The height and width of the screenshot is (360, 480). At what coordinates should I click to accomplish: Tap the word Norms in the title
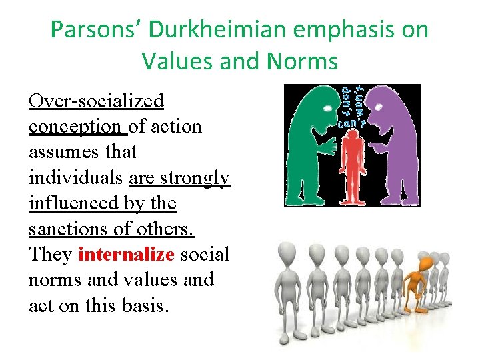point(303,61)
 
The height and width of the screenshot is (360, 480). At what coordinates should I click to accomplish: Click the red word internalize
point(127,254)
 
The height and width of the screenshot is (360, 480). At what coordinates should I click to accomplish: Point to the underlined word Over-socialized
point(96,101)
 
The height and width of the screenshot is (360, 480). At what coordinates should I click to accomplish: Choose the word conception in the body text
point(75,127)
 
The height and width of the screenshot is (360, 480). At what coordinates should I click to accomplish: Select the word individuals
point(75,178)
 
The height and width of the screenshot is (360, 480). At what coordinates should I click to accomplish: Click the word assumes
point(65,152)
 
